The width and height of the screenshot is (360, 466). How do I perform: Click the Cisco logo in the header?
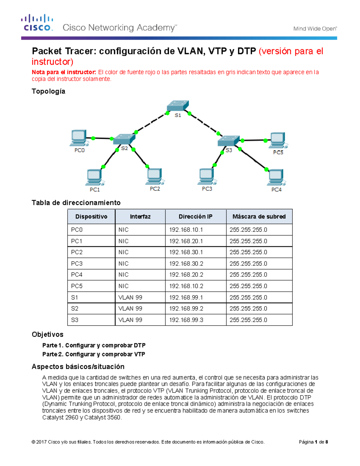point(37,23)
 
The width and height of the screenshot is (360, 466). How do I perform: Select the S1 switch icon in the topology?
point(178,106)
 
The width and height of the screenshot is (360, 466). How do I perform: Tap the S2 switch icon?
point(124,139)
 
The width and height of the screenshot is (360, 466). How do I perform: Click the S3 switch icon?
point(229,141)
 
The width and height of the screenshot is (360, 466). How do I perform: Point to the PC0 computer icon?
point(79,138)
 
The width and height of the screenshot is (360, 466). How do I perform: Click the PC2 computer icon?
point(154,176)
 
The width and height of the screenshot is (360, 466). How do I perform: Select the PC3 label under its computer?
point(207,189)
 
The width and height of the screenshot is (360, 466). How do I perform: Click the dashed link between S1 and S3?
point(204,123)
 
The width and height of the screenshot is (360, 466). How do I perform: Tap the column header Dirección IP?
point(196,217)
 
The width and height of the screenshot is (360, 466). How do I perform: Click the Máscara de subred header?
point(259,217)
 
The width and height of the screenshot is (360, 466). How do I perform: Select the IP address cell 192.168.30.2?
point(186,263)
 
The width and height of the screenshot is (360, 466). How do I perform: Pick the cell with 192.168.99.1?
point(186,297)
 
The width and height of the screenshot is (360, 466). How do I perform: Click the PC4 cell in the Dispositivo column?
point(77,275)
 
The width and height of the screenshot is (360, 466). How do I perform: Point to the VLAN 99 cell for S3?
point(130,320)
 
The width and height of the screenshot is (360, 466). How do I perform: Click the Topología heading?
point(49,91)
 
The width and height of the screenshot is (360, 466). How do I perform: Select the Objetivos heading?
point(48,334)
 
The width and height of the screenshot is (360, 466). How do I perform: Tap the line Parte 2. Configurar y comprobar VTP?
point(94,354)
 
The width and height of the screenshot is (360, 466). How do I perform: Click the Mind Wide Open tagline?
point(315,29)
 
